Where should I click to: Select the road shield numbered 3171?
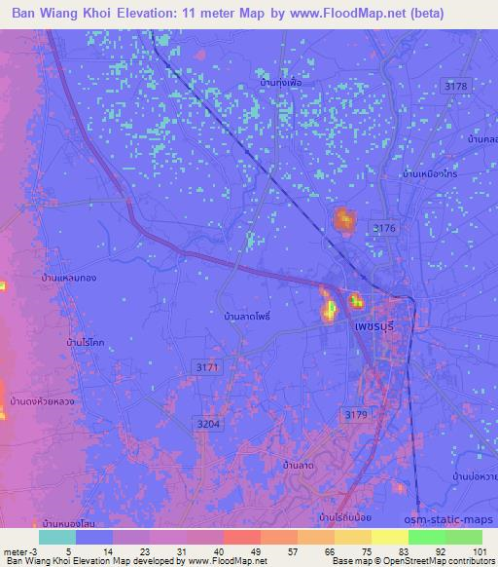coord(206,367)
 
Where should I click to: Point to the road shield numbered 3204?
coord(209,425)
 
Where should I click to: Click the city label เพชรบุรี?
coord(373,329)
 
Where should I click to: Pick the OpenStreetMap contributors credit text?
coord(438,561)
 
